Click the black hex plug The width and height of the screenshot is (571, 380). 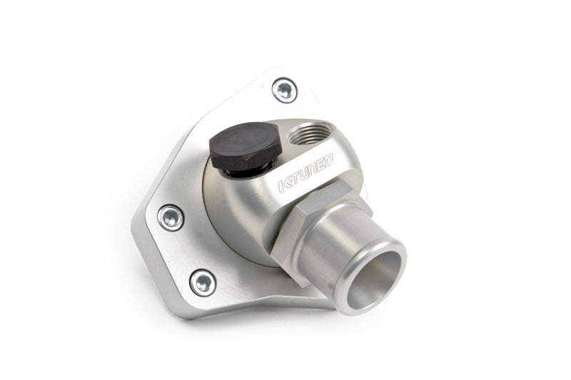(246, 145)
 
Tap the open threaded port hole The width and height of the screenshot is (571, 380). (310, 133)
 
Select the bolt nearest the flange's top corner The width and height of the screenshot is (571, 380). (284, 90)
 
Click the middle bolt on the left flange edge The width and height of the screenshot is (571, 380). (171, 218)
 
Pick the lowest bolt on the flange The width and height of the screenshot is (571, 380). (203, 283)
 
